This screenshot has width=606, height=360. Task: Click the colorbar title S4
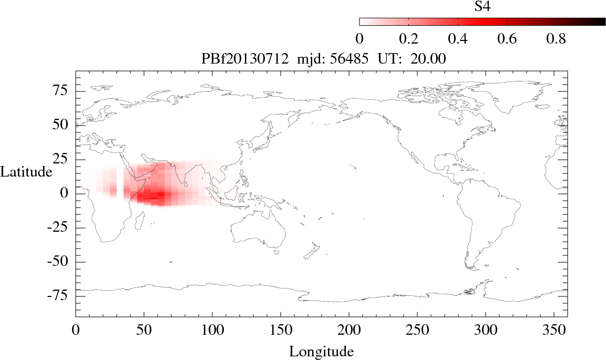[482, 6]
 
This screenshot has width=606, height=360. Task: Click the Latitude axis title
[26, 172]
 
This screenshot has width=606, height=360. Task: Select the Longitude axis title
[321, 351]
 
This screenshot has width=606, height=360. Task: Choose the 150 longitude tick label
[280, 330]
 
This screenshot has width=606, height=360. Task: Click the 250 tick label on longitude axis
[417, 330]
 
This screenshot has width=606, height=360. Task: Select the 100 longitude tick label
[212, 330]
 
